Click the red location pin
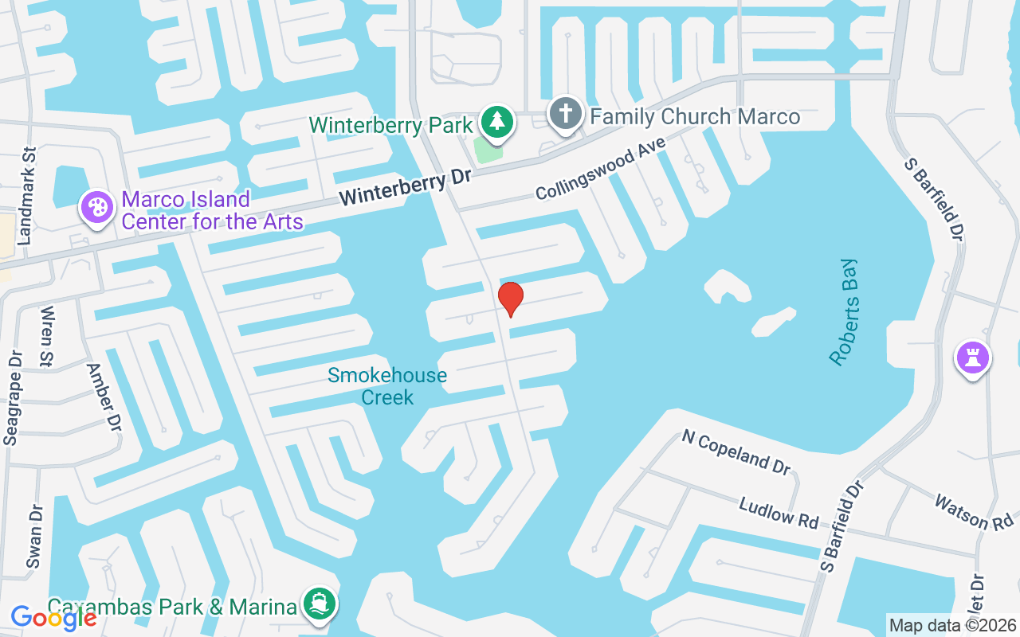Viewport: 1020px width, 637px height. (x=510, y=299)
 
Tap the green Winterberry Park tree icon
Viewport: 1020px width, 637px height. (x=498, y=122)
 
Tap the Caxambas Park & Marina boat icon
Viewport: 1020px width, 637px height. (x=320, y=603)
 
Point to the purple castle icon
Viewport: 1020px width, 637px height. (x=972, y=358)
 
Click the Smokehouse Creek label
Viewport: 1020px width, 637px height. (x=387, y=385)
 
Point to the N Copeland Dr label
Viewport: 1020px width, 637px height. (x=736, y=451)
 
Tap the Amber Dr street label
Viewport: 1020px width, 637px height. (x=104, y=397)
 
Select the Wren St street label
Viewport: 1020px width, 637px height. (x=46, y=337)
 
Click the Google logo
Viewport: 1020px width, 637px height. (x=53, y=617)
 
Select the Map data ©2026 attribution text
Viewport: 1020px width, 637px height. (x=952, y=625)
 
